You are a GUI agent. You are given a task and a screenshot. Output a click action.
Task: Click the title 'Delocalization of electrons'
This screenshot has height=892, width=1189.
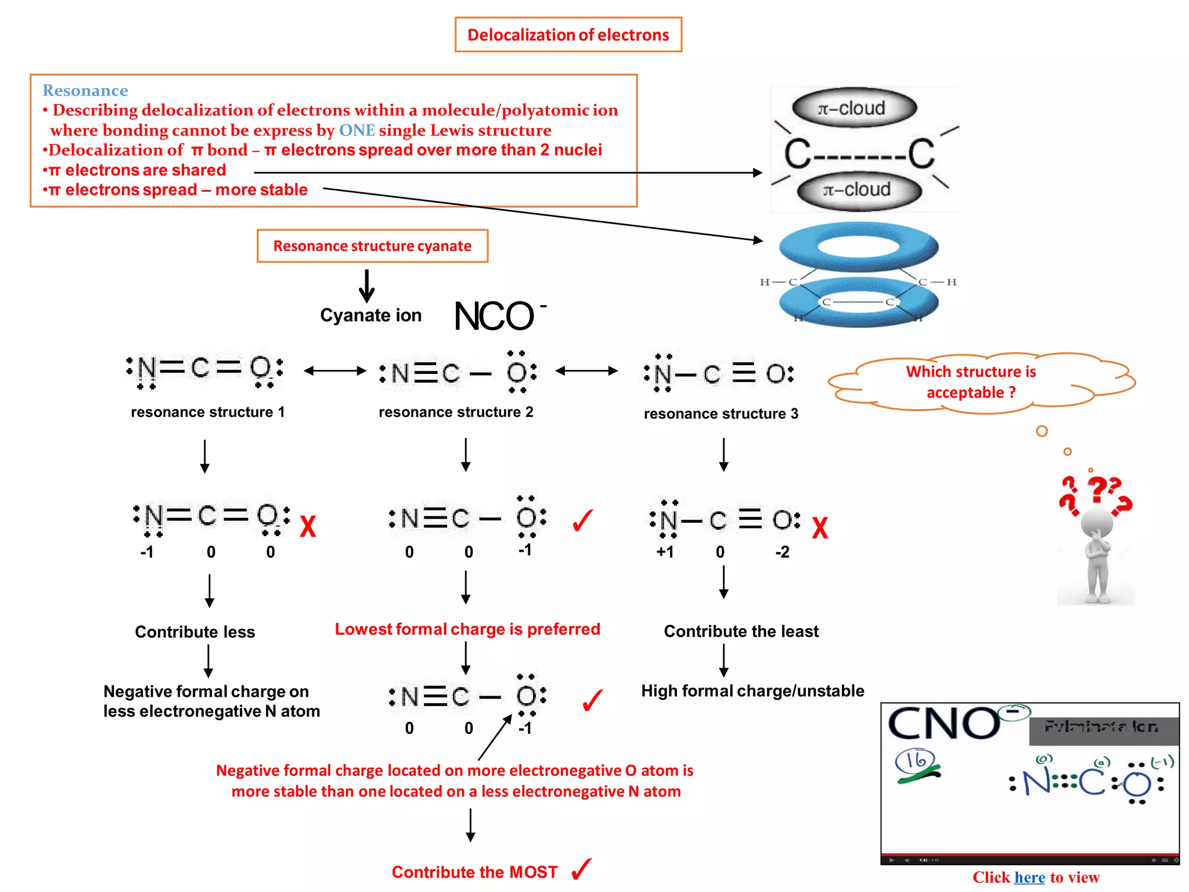(x=568, y=35)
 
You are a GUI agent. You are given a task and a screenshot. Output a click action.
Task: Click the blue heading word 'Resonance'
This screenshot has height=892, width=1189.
(x=85, y=91)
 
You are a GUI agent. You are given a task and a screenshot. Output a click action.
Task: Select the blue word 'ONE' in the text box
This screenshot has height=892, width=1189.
(x=356, y=130)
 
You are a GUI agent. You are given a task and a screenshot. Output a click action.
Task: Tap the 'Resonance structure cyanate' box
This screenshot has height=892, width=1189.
(x=372, y=246)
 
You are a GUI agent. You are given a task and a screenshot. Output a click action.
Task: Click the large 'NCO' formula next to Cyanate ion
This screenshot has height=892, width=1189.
(x=494, y=316)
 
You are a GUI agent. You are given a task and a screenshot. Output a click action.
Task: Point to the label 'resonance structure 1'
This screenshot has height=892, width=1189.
(x=208, y=412)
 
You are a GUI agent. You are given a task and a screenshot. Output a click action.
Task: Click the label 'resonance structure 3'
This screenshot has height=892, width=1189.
(x=720, y=413)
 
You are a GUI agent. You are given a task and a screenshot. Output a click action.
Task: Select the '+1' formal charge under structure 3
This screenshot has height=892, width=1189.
(x=665, y=552)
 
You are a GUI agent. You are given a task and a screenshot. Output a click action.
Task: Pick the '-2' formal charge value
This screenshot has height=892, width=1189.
(x=782, y=552)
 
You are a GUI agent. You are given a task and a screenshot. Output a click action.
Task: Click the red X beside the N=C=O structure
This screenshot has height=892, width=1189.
(x=308, y=527)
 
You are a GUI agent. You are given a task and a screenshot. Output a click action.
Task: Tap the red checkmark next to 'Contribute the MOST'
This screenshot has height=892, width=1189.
(x=581, y=869)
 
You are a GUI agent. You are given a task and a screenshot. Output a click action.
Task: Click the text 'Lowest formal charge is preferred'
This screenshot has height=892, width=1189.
(x=467, y=629)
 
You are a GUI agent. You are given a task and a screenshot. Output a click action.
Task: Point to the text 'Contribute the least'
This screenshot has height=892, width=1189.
(x=741, y=631)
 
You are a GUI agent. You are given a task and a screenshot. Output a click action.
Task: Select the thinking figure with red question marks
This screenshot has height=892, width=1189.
(x=1096, y=540)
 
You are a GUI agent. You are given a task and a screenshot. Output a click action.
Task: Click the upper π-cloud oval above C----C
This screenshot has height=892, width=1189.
(x=854, y=109)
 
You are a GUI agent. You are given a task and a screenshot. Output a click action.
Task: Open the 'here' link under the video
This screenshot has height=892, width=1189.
(x=1029, y=877)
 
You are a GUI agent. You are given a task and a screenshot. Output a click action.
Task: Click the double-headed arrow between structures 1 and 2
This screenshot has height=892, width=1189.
(x=335, y=371)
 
